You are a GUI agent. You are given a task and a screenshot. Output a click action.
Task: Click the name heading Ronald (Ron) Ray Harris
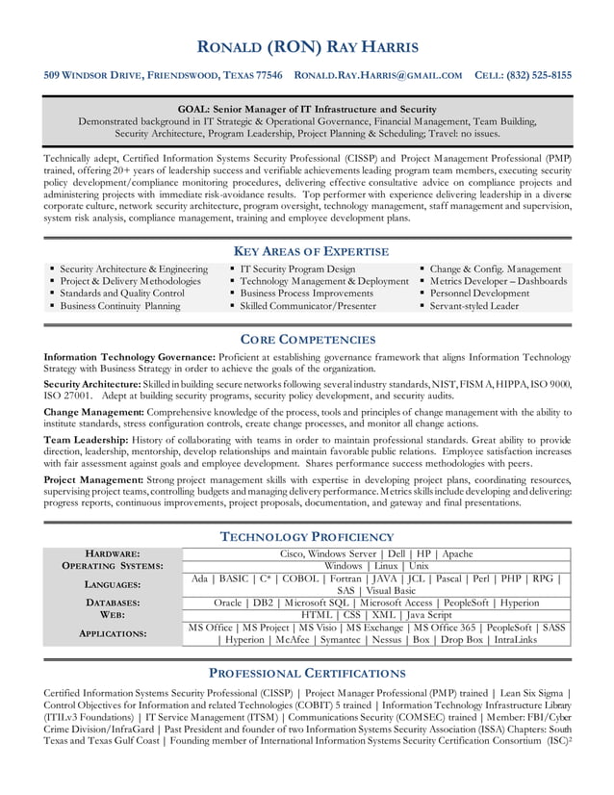tap(307, 47)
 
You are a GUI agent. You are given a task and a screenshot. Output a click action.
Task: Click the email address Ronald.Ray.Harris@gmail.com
tap(377, 75)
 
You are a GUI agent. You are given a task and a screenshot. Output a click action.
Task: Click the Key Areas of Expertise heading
tap(307, 251)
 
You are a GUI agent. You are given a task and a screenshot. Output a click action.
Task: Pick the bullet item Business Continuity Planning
tap(120, 306)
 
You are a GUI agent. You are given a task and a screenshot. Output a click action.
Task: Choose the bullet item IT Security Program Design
tap(297, 269)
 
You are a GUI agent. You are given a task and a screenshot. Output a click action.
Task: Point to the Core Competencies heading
tap(307, 339)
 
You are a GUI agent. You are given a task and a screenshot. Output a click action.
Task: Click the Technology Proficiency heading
tap(307, 536)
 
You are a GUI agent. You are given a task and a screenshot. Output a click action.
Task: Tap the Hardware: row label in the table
tap(114, 554)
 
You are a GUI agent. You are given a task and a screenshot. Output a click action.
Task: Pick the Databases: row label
tap(114, 603)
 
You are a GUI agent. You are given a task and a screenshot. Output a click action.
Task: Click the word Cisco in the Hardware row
tap(294, 554)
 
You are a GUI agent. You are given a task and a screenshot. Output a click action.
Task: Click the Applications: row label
tap(114, 633)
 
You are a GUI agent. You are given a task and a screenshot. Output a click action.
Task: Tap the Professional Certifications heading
tap(307, 672)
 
